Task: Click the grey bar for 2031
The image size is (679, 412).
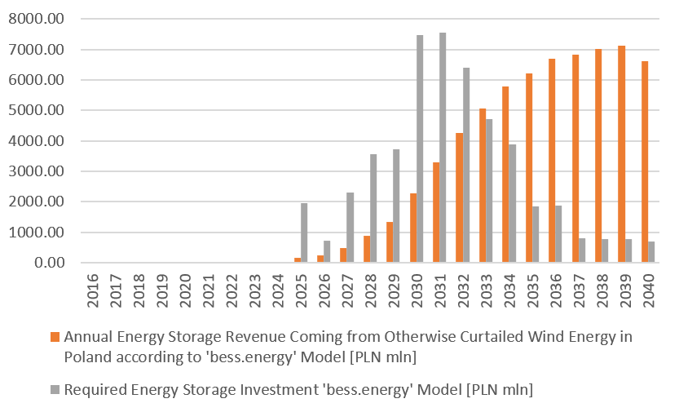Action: click(x=443, y=148)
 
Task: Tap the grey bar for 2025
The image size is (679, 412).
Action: click(x=304, y=233)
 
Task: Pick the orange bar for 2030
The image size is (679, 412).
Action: click(x=413, y=228)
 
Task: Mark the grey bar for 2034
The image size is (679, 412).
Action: click(x=513, y=203)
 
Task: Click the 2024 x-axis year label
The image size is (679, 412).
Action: click(x=279, y=290)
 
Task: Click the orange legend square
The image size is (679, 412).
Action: click(x=55, y=337)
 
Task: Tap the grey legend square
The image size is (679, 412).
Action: click(x=55, y=390)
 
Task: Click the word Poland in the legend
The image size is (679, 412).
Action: click(x=85, y=356)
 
